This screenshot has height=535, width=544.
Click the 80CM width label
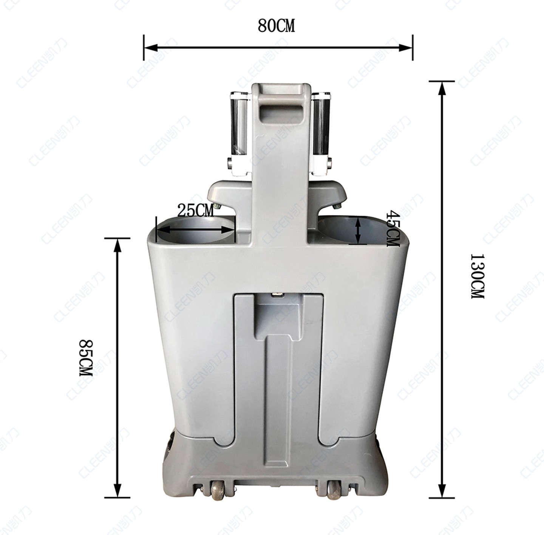(x=276, y=26)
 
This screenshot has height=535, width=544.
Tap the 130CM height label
(x=477, y=276)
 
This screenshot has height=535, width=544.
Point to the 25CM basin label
(x=195, y=210)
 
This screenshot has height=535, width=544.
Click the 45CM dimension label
(x=393, y=228)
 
